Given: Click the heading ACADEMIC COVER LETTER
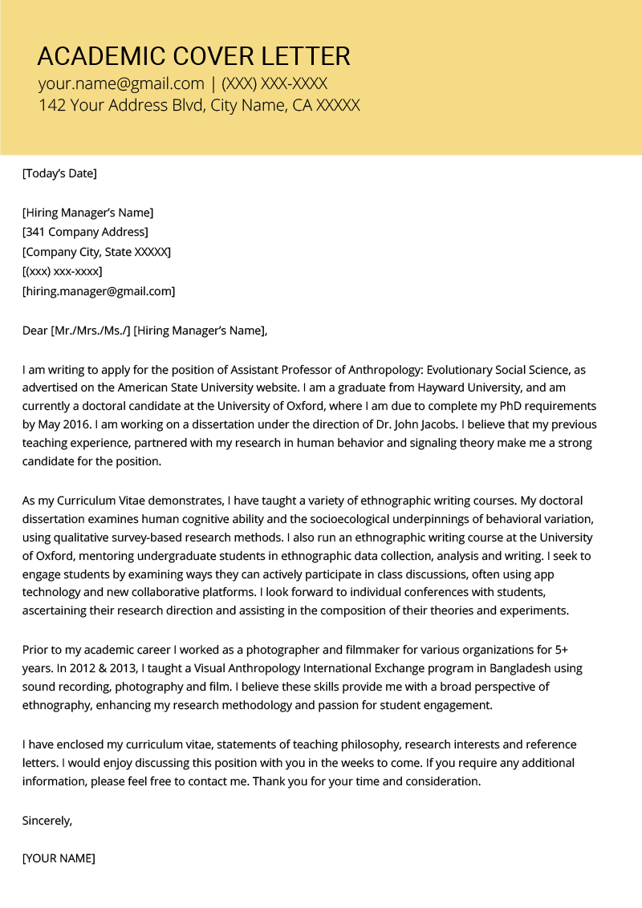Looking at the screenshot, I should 193,56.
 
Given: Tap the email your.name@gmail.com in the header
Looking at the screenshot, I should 121,83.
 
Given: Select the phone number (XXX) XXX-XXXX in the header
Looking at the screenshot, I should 274,83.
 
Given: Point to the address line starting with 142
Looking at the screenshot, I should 199,105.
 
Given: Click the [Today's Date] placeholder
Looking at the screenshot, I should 59,172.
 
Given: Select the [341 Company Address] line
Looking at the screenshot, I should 85,232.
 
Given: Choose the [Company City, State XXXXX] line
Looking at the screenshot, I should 96,252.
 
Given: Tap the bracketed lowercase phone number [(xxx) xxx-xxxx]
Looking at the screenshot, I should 63,271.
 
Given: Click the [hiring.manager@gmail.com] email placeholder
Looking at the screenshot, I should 99,291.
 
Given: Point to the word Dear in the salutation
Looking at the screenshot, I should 35,330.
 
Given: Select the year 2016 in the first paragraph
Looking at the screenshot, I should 81,424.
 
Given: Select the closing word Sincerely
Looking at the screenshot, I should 47,820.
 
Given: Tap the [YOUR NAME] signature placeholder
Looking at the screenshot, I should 59,858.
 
